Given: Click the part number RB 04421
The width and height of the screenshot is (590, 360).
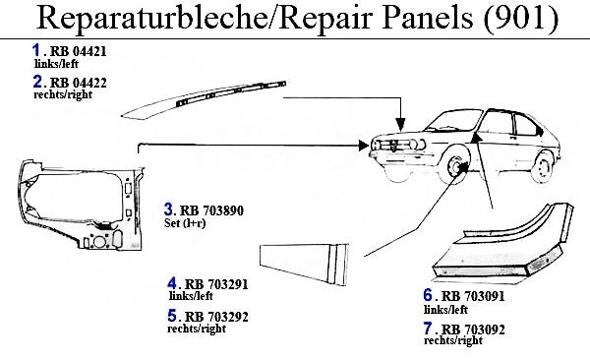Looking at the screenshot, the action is [79, 51].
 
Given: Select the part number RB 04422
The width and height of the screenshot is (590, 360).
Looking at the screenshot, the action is [79, 83].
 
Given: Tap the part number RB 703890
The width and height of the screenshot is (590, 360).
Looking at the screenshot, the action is [211, 210].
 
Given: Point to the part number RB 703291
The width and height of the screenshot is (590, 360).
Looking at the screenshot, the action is [216, 284].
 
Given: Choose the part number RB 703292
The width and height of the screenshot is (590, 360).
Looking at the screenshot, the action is [216, 317].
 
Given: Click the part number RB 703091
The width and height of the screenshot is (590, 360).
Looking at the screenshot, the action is [473, 296].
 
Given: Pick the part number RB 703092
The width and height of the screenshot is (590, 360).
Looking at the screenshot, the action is [473, 330].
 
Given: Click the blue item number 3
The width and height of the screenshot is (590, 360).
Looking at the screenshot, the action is [168, 210].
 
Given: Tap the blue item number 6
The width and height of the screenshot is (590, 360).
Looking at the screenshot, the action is [428, 295].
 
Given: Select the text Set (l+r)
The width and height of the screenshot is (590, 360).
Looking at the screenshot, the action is [185, 223].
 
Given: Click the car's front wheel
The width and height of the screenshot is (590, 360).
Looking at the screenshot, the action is [455, 168].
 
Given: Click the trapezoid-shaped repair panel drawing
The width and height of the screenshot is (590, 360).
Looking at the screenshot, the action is [304, 264].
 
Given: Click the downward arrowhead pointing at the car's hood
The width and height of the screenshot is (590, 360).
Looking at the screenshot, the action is [401, 124].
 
